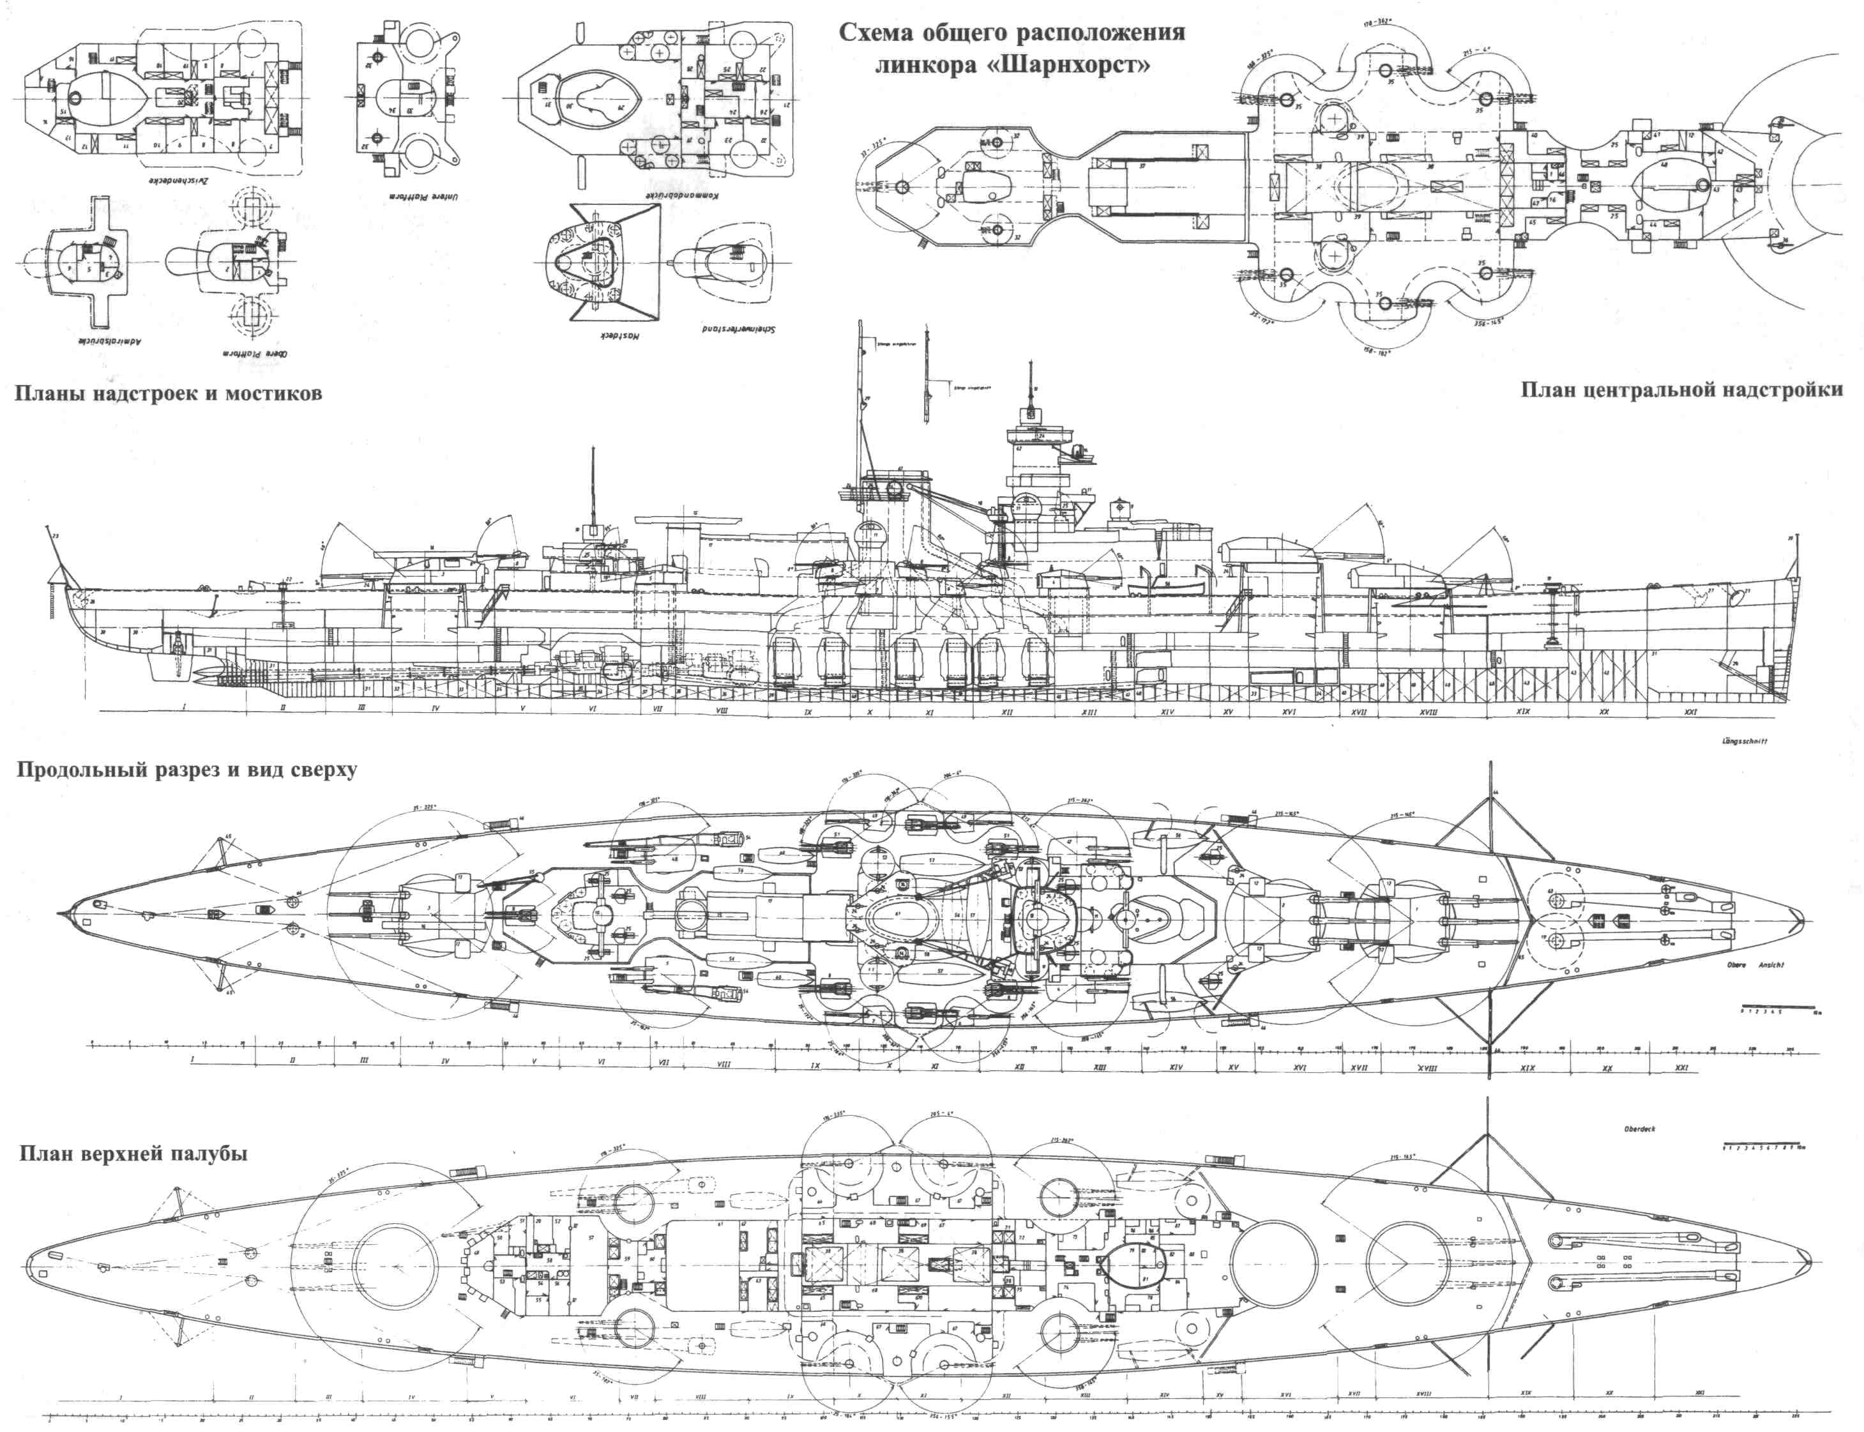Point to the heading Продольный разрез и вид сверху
[x=186, y=770]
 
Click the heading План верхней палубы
[x=132, y=1154]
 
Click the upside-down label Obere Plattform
[x=252, y=352]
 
